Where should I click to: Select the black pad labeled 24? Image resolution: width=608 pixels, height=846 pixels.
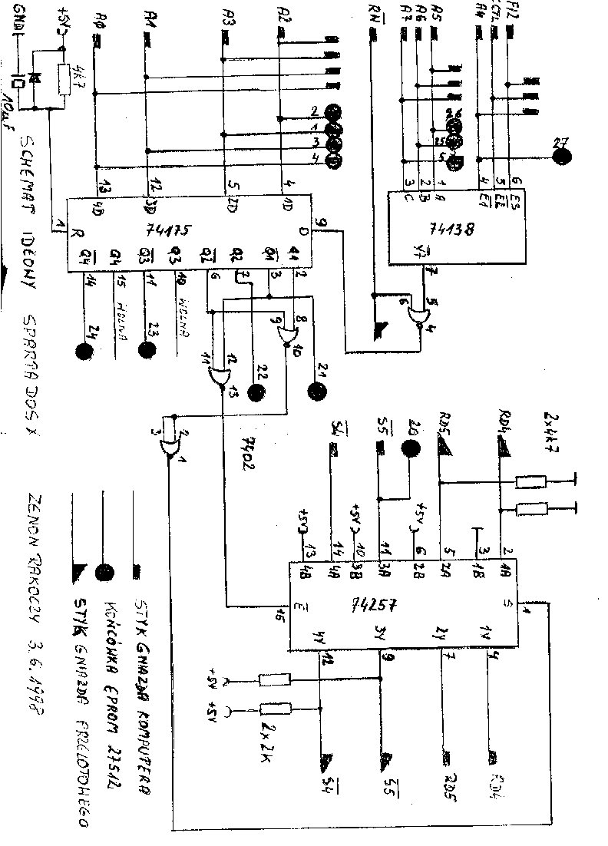tap(84, 352)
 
